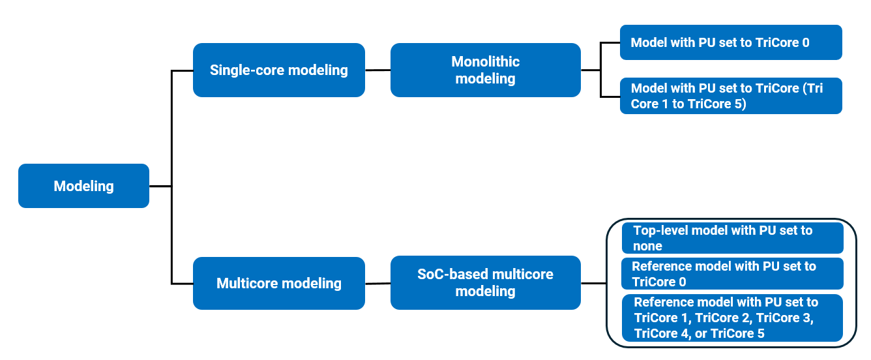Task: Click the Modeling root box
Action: pos(83,186)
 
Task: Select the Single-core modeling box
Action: pos(278,70)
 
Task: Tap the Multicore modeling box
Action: pos(278,283)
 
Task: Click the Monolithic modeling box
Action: pos(485,70)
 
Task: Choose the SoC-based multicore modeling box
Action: pos(485,282)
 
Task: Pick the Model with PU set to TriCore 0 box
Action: pos(730,42)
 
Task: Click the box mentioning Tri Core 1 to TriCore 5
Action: pos(730,96)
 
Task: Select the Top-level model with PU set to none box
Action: pos(732,238)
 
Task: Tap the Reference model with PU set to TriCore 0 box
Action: pos(732,274)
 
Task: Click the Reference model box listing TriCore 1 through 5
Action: pos(732,318)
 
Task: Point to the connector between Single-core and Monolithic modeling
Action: pos(377,70)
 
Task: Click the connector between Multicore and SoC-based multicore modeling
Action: pos(377,284)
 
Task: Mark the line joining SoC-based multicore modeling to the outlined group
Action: pos(593,283)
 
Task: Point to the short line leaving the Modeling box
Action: pos(160,187)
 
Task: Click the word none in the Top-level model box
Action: pos(647,247)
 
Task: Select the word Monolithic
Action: pos(485,62)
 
